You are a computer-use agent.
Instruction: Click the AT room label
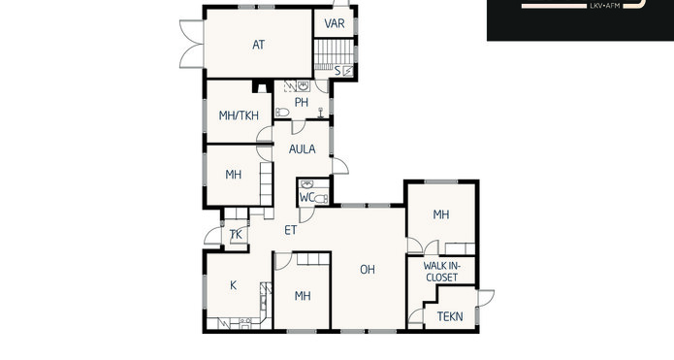258,45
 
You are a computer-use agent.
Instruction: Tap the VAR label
335,23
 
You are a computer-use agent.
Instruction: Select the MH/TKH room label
239,115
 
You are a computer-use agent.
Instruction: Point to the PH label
302,102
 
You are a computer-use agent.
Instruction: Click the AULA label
303,149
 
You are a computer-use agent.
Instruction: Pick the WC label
306,197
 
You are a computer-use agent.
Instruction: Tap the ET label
291,230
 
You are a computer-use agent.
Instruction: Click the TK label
236,235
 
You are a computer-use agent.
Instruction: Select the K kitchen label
234,285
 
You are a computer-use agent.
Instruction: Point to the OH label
368,270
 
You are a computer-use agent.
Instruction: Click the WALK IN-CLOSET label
442,272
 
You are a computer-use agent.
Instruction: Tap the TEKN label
450,316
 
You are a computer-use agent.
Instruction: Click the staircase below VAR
334,54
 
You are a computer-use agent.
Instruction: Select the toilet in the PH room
282,113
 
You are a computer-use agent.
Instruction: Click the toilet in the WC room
321,199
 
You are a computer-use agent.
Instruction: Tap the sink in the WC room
306,184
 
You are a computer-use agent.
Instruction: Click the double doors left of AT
192,44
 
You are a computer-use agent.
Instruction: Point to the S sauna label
337,71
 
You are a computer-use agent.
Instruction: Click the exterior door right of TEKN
485,298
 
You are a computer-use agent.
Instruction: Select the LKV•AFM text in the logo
606,6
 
